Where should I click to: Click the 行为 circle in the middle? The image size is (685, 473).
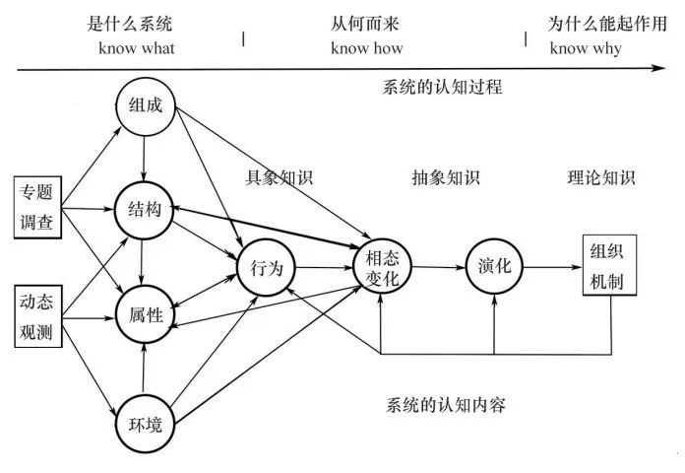coord(266,266)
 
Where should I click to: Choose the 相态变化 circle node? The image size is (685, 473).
coord(382,267)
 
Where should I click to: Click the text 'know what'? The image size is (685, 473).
coord(136,48)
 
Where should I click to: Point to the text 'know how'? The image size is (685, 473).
coord(366,48)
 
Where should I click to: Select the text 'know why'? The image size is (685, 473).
coord(586,48)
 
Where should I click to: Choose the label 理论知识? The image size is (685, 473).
coord(601,178)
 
